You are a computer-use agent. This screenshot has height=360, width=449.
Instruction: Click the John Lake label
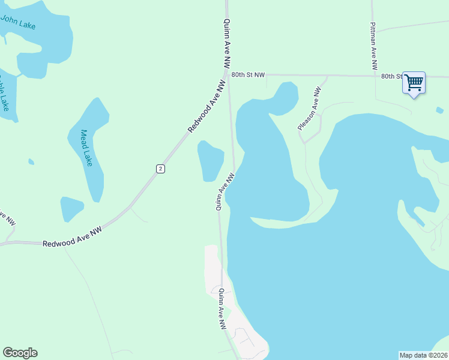18,23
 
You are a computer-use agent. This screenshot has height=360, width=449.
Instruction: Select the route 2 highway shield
160,169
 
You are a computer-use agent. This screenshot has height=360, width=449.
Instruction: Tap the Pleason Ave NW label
310,109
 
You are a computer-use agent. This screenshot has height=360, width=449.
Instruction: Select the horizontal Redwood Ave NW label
73,238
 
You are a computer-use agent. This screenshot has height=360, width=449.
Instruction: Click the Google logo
20,353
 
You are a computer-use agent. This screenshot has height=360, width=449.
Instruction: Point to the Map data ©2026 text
423,355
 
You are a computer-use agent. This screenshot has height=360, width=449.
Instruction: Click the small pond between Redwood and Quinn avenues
211,161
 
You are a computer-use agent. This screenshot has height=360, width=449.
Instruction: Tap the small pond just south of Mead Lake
71,209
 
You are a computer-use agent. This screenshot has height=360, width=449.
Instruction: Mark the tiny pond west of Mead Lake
31,161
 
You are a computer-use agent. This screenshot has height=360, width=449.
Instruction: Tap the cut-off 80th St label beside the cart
391,76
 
